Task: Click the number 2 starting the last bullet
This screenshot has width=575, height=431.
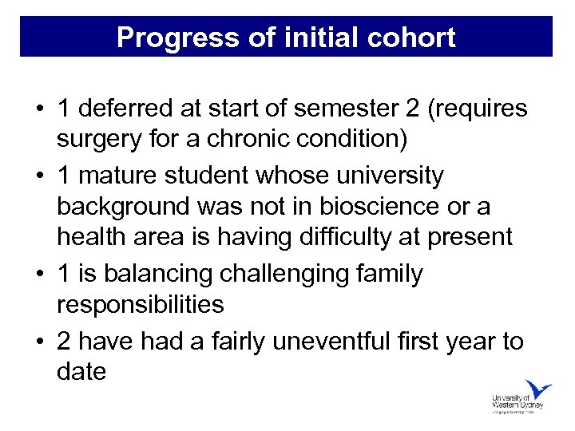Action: (x=65, y=341)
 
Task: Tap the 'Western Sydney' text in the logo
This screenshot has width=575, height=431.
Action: (x=517, y=405)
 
